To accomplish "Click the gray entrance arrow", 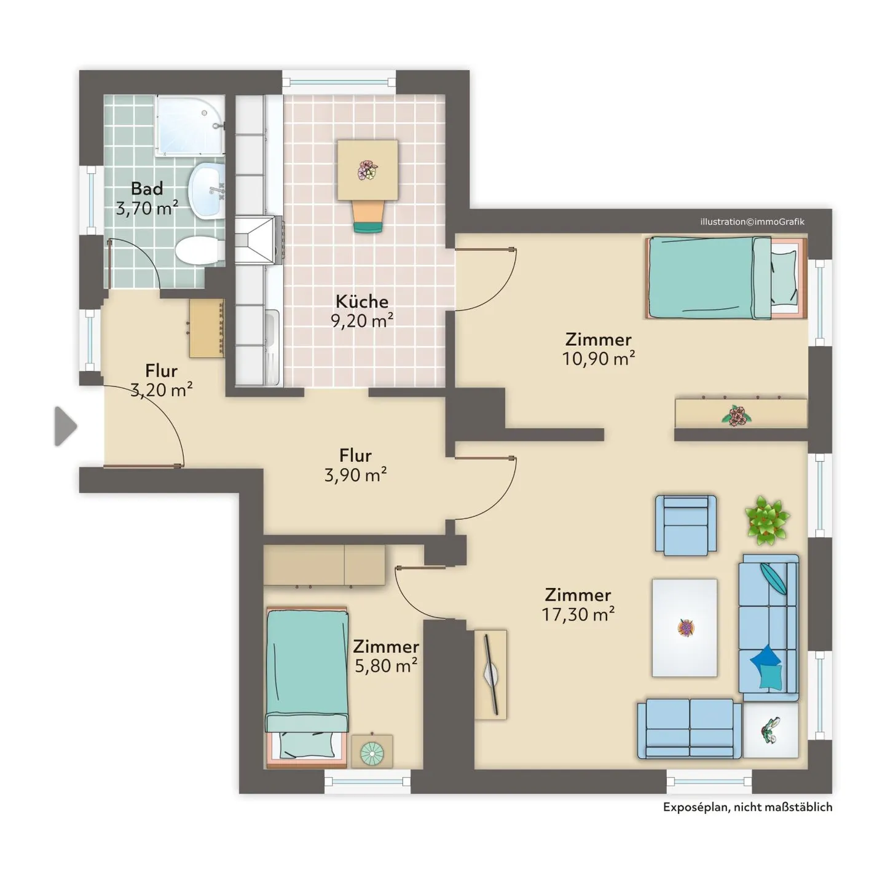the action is coord(65,426).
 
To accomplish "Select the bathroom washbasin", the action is coord(206,189).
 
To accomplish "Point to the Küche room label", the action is coord(362,302).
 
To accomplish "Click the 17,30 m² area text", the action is coord(578,614).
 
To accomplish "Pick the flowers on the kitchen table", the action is coord(368,170).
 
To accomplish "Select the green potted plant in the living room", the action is coord(766,520).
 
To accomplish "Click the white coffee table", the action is coord(684,628).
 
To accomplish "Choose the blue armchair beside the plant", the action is coord(686,525).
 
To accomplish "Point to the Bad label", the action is coord(147,188).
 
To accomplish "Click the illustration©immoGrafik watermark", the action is coord(752,222).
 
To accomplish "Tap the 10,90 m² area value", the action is coord(599,358).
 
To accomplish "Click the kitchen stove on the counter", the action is coord(259,240).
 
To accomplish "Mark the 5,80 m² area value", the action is coord(386,665).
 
